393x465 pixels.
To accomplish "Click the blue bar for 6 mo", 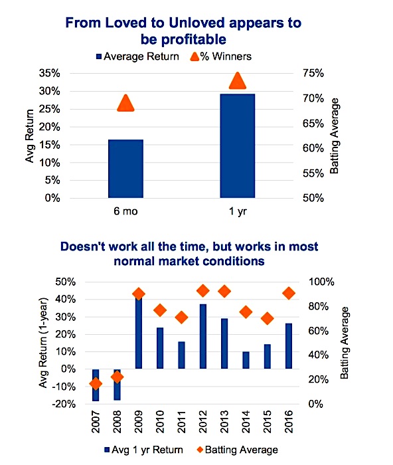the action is pyautogui.click(x=125, y=169).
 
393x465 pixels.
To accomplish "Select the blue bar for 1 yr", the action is pyautogui.click(x=238, y=146).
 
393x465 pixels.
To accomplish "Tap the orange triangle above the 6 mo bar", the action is pyautogui.click(x=125, y=104).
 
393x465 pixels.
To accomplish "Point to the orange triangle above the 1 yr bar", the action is pyautogui.click(x=238, y=80).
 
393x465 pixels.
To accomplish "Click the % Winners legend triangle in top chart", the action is pyautogui.click(x=195, y=56).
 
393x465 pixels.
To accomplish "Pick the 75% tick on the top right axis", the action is pyautogui.click(x=313, y=73).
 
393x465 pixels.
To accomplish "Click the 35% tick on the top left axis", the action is pyautogui.click(x=50, y=73).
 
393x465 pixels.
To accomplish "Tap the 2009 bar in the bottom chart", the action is pyautogui.click(x=138, y=332).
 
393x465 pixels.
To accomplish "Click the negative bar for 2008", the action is pyautogui.click(x=117, y=385).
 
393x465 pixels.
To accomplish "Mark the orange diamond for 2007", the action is pyautogui.click(x=96, y=384).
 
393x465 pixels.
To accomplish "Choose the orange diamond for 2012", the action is pyautogui.click(x=203, y=291).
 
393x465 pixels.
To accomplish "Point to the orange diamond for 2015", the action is pyautogui.click(x=268, y=318).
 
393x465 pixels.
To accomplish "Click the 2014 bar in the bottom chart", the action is pyautogui.click(x=246, y=360).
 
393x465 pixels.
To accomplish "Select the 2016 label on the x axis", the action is pyautogui.click(x=289, y=422).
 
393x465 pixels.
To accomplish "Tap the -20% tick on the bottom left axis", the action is pyautogui.click(x=64, y=404).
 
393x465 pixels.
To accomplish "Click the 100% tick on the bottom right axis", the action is pyautogui.click(x=321, y=282).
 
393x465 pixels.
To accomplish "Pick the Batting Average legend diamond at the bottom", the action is pyautogui.click(x=200, y=450).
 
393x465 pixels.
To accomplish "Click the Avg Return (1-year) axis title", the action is pyautogui.click(x=43, y=343).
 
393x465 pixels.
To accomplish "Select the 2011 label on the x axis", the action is pyautogui.click(x=181, y=422).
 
